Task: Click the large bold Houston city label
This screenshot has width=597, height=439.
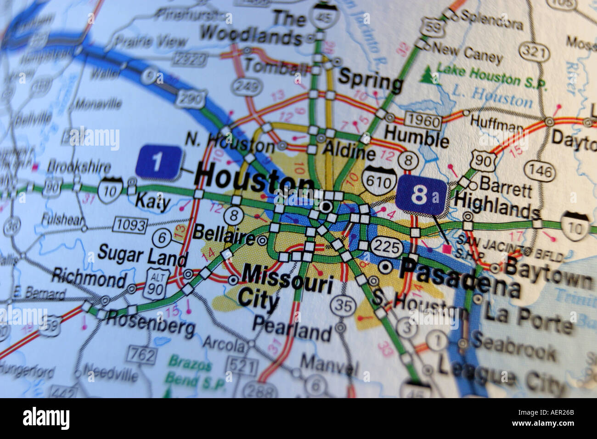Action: [x=253, y=179]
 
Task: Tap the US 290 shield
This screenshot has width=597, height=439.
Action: [x=191, y=98]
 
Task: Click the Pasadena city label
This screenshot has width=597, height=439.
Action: [x=459, y=276]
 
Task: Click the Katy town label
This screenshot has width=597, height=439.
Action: [x=152, y=202]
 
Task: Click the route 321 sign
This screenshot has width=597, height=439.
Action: [x=535, y=52]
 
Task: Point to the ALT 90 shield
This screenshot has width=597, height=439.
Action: [x=157, y=284]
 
